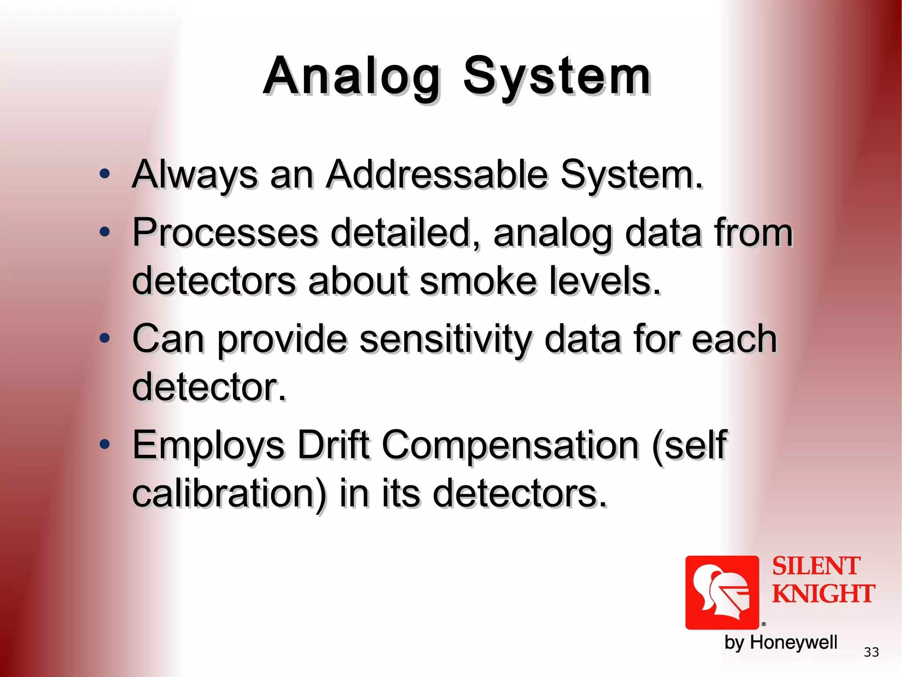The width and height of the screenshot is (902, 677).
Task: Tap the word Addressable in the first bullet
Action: point(436,175)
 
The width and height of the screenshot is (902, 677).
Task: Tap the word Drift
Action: point(333,445)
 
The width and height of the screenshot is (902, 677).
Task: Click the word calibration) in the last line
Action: point(229,494)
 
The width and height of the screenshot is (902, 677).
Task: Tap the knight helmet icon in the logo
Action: point(722,592)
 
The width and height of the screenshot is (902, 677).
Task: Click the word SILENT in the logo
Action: point(816,566)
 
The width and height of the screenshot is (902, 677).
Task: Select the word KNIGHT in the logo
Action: point(823,593)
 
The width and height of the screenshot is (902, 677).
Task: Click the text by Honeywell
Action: point(780,643)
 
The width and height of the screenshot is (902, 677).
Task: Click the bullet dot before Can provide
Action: point(104,338)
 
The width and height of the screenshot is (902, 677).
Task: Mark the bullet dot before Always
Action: point(104,174)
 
